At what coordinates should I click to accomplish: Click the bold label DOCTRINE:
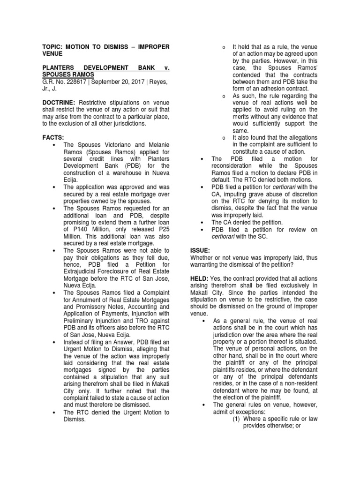(59, 102)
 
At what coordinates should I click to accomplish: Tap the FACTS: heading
(53, 137)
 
